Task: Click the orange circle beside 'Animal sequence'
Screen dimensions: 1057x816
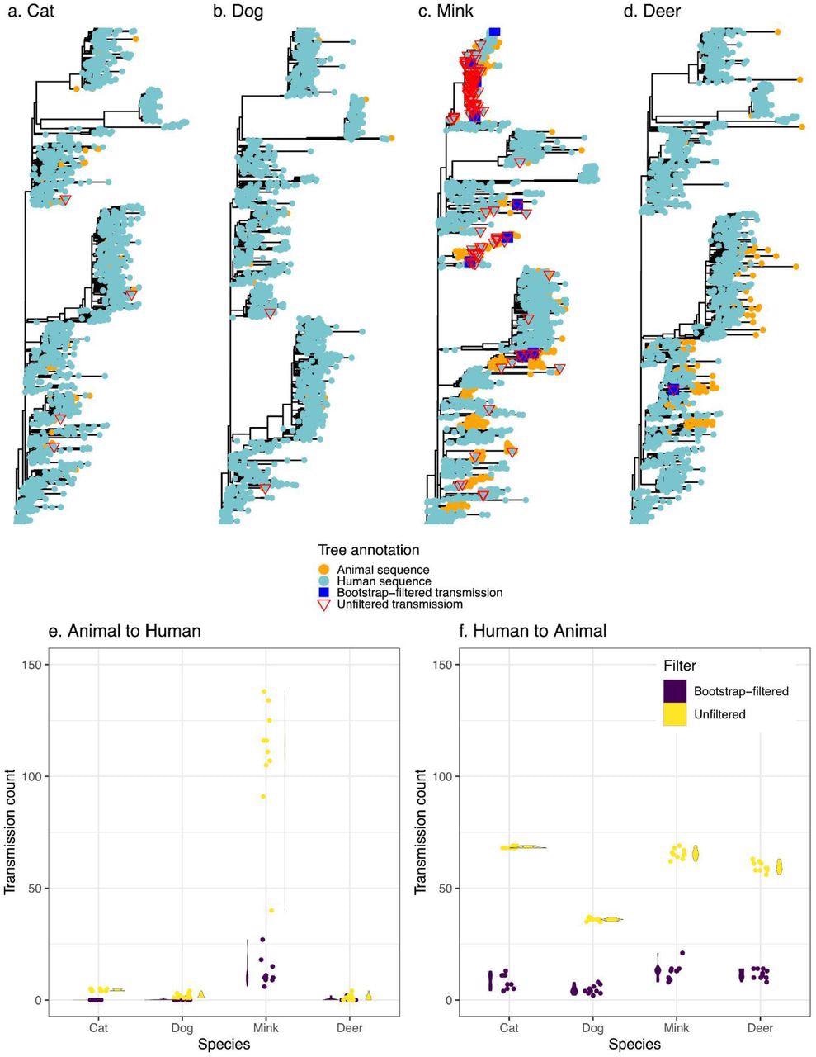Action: tap(324, 569)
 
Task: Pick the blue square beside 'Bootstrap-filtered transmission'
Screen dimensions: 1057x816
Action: tap(324, 592)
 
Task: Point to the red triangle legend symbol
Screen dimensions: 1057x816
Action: tap(324, 604)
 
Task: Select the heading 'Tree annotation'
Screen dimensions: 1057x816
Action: tap(369, 550)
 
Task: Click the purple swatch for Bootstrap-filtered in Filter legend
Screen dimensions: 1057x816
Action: tap(675, 690)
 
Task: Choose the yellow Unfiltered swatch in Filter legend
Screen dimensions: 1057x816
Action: tap(675, 714)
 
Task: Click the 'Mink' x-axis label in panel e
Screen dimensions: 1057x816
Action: tap(265, 1028)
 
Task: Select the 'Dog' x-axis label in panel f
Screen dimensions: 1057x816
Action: tap(592, 1028)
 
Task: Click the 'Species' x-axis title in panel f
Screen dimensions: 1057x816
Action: tap(634, 1045)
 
